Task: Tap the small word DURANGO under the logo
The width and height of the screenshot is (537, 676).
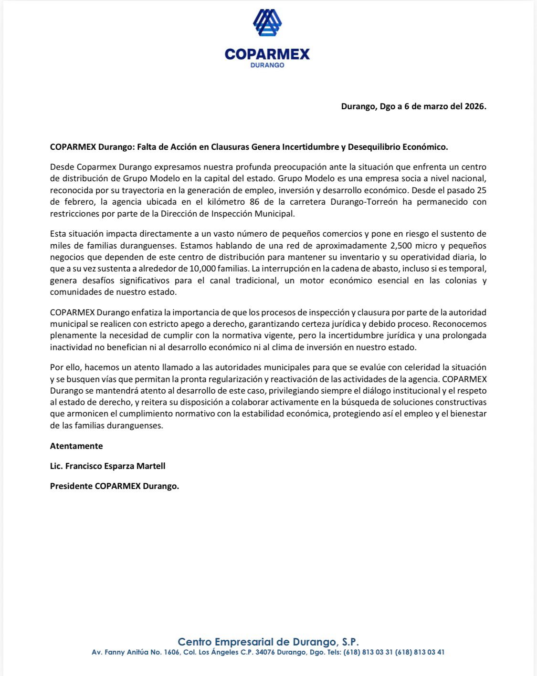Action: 267,65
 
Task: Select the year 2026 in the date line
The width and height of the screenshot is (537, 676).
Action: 475,106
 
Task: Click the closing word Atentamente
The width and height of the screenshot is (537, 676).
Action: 76,446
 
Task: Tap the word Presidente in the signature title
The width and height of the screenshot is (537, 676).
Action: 71,486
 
